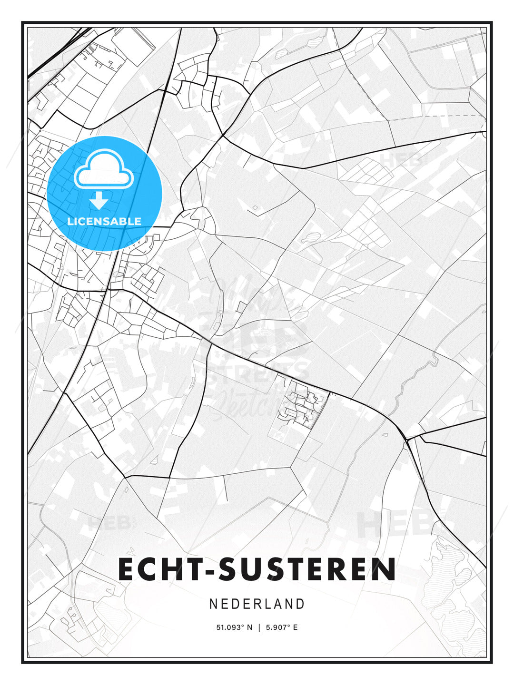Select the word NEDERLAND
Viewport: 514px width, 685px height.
point(257,604)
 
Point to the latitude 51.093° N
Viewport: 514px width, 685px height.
point(235,627)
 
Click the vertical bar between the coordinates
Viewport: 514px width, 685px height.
point(259,627)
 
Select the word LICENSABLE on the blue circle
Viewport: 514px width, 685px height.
point(104,221)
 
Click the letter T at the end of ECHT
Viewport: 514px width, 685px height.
point(194,569)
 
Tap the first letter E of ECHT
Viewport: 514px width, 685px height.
point(126,569)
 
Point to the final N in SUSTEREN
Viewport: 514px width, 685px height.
point(385,569)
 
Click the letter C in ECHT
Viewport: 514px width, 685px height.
point(148,569)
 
